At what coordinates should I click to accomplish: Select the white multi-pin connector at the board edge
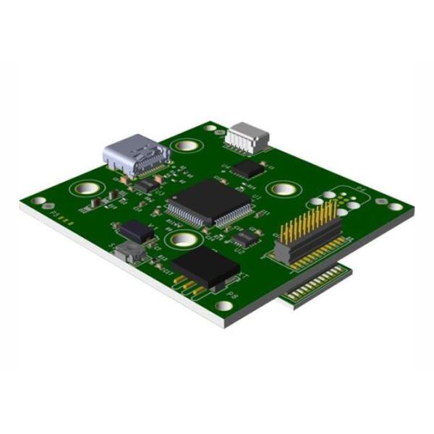point(246,136)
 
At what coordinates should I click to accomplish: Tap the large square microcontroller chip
point(210,200)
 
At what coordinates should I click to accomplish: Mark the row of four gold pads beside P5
point(67,220)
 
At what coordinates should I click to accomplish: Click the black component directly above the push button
point(137,231)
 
